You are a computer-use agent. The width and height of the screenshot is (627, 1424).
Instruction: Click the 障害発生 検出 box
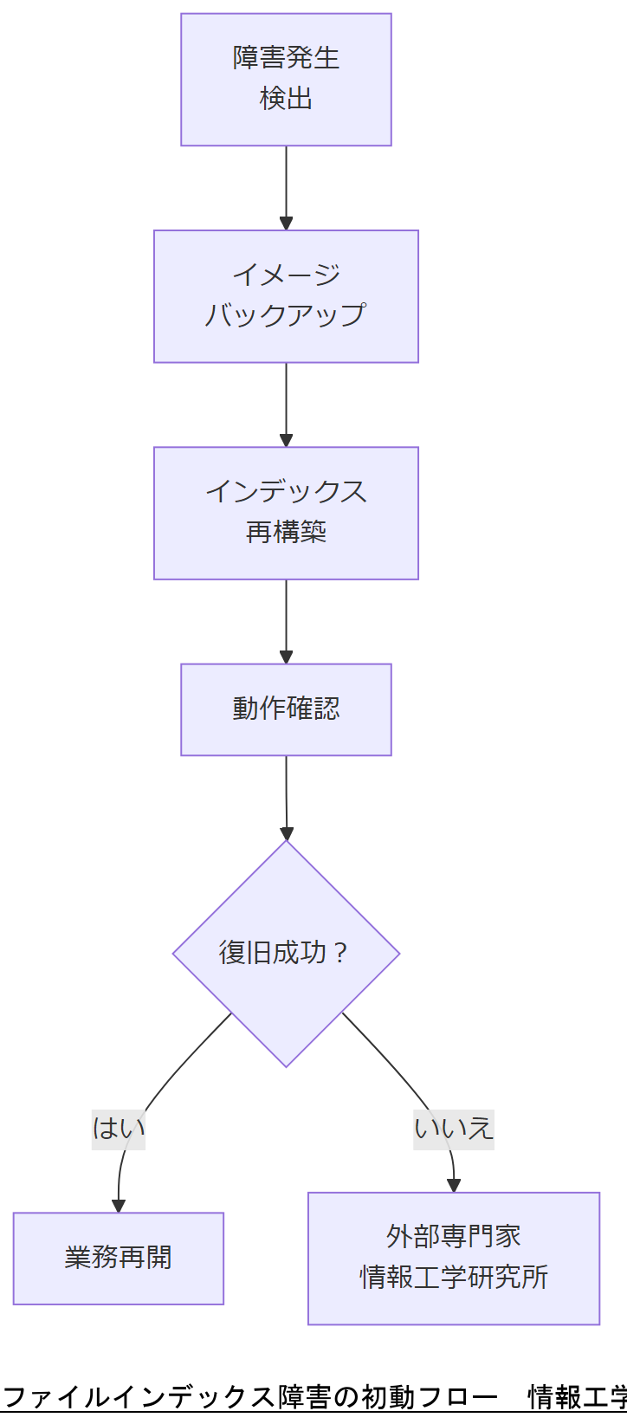286,79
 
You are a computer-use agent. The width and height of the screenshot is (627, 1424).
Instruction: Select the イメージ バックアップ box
286,296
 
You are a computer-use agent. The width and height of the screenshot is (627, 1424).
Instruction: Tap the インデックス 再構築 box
286,513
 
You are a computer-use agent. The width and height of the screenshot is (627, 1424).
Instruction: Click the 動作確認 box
286,709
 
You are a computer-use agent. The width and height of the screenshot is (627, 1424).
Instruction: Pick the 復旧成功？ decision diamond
286,953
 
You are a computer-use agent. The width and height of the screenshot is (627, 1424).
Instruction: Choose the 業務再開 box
119,1258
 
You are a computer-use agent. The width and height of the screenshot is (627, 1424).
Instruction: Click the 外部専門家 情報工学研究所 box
454,1258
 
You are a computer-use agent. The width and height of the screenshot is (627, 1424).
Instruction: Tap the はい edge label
119,1128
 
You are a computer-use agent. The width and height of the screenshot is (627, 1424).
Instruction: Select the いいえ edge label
454,1128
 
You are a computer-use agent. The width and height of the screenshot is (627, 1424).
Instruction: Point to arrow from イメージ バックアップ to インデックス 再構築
286,404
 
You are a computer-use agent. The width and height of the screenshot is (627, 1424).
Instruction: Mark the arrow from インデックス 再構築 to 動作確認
286,620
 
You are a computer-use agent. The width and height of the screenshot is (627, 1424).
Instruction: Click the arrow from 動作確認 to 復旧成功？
286,797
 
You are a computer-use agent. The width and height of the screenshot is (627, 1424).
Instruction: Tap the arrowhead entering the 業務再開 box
119,1206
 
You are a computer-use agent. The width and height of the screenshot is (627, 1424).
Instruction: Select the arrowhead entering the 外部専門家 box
453,1186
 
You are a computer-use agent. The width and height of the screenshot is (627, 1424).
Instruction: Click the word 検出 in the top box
286,99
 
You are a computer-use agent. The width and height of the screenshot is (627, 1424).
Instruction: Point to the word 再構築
286,532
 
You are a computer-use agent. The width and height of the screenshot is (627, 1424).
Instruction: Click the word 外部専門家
454,1236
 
